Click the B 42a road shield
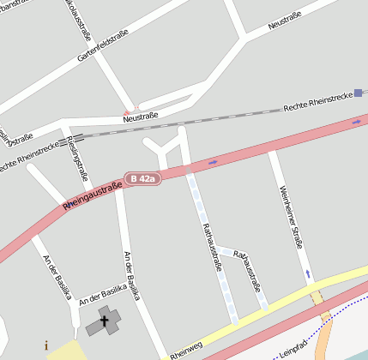[x=142, y=178]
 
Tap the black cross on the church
[x=106, y=321]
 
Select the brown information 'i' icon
[x=45, y=346]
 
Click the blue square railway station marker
[x=358, y=93]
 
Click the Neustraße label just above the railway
[x=141, y=118]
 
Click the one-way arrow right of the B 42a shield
[x=212, y=161]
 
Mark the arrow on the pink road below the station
[x=357, y=122]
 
